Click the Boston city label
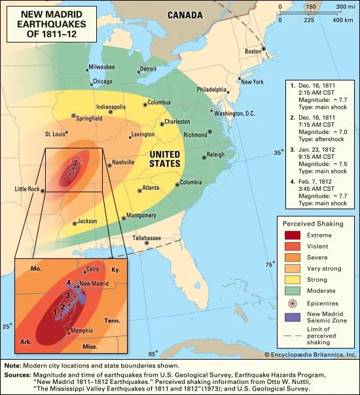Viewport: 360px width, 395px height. [253, 50]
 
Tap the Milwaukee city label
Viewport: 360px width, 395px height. [101, 66]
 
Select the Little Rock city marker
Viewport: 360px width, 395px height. [43, 192]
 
